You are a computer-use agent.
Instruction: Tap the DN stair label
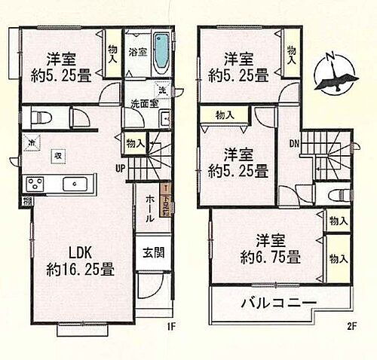(x=294, y=143)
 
